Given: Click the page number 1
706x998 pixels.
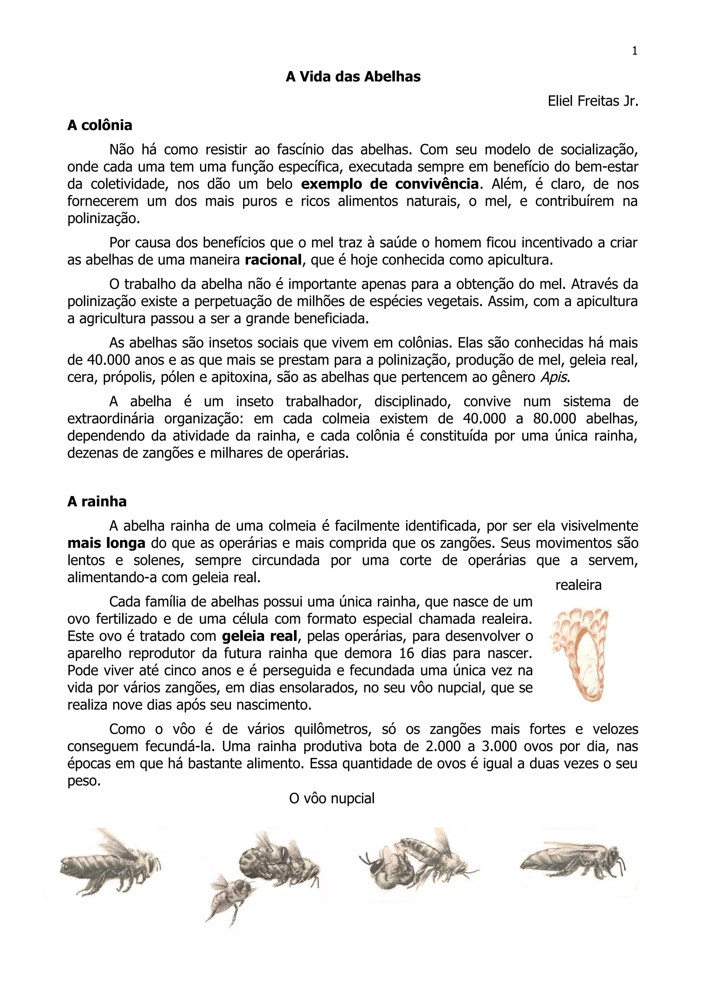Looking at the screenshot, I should click(634, 51).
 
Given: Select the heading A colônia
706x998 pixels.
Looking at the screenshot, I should click(100, 125).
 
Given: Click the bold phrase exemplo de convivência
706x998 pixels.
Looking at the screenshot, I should click(390, 184).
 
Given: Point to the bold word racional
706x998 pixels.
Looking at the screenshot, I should click(273, 260).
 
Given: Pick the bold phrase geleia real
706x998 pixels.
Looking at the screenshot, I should click(260, 636).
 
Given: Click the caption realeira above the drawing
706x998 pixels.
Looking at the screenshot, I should click(578, 585).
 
